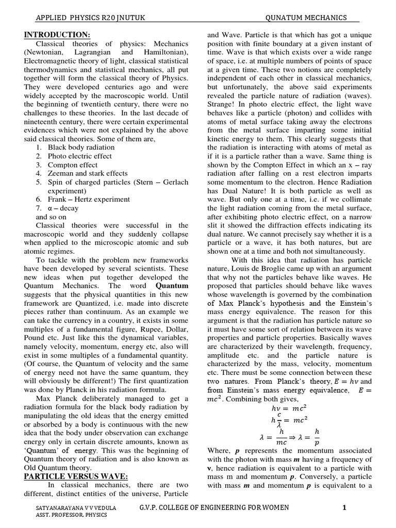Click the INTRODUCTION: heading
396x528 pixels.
pos(57,35)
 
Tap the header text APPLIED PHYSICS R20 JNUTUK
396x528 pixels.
pos(90,18)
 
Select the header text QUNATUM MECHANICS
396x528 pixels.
pos(306,18)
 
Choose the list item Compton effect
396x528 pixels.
pos(73,165)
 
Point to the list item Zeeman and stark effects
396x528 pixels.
pos(88,174)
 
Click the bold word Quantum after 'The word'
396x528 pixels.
pos(172,285)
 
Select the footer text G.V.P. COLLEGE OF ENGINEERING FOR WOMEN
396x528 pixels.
pos(214,508)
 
